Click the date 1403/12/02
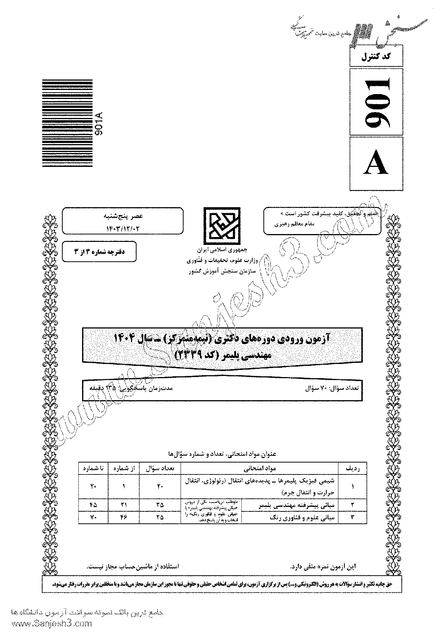pos(122,226)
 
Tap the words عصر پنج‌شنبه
pos(123,216)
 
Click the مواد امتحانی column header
pos(259,468)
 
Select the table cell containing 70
pos(93,518)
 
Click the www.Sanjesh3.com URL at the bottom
pos(46,624)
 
